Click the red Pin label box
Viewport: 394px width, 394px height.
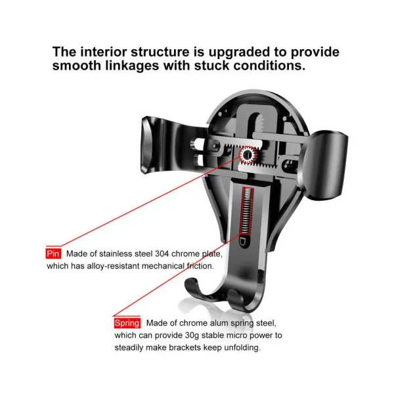pyautogui.click(x=53, y=253)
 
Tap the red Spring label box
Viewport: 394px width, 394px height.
pyautogui.click(x=127, y=323)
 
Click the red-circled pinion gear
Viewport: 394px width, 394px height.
pyautogui.click(x=248, y=155)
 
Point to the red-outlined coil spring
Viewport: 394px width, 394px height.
pyautogui.click(x=246, y=211)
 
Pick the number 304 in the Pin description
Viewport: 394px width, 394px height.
pyautogui.click(x=162, y=253)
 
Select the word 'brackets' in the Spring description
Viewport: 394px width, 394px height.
pyautogui.click(x=185, y=347)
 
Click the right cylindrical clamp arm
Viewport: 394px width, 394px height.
pyautogui.click(x=324, y=165)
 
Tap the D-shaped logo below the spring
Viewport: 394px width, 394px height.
pyautogui.click(x=243, y=242)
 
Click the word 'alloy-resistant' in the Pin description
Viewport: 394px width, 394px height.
pyautogui.click(x=113, y=266)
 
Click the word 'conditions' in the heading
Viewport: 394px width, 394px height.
pyautogui.click(x=269, y=66)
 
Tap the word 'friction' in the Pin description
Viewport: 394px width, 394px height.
pyautogui.click(x=200, y=266)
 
